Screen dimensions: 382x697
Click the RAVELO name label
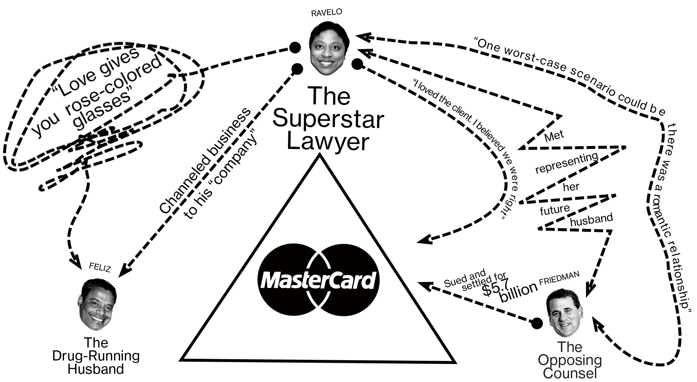326,12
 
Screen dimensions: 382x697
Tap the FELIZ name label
100,268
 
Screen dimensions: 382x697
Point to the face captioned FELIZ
96,304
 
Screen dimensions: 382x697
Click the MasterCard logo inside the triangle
318,280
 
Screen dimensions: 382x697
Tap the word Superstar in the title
328,119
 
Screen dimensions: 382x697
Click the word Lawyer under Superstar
328,142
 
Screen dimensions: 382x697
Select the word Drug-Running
96,356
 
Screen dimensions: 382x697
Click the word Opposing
569,360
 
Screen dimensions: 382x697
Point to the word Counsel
569,373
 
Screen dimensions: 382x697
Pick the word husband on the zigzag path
591,220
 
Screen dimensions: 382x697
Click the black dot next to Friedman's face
537,323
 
